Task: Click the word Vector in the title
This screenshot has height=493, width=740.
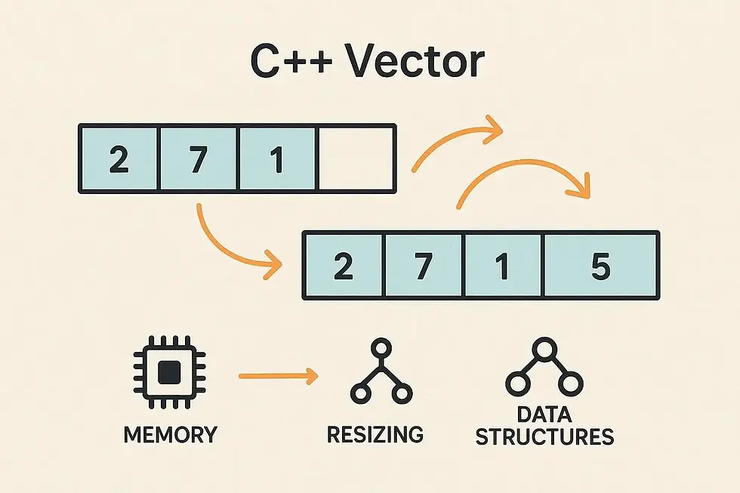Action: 415,63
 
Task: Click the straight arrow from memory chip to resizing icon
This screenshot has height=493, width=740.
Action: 276,374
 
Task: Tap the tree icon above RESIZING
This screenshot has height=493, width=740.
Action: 381,371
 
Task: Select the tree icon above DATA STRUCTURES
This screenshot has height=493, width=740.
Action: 544,369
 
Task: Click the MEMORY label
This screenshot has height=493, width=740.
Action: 169,435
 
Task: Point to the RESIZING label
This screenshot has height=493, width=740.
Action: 375,435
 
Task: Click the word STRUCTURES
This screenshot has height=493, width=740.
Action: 544,437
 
